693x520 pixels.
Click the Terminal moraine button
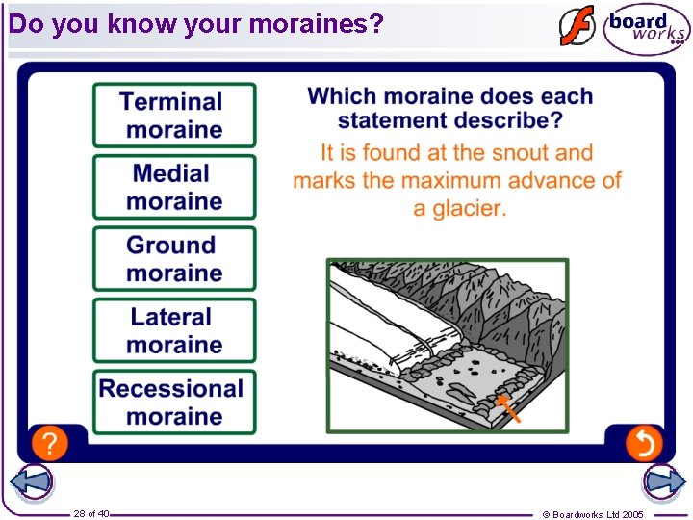[x=174, y=116]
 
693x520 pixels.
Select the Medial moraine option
[x=174, y=187]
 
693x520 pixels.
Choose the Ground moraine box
[x=174, y=258]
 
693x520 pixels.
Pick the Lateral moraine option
[x=174, y=330]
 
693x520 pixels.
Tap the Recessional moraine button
[x=174, y=402]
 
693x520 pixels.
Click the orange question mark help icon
[x=49, y=443]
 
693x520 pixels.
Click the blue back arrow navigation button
[x=31, y=482]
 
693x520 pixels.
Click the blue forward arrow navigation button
[x=664, y=482]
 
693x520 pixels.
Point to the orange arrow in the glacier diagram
[x=509, y=408]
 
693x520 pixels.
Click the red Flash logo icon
[x=577, y=26]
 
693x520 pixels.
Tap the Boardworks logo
[x=646, y=28]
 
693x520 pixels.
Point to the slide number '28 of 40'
[x=91, y=513]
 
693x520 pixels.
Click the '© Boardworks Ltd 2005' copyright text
[x=593, y=514]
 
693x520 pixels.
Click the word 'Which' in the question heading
[x=342, y=96]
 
